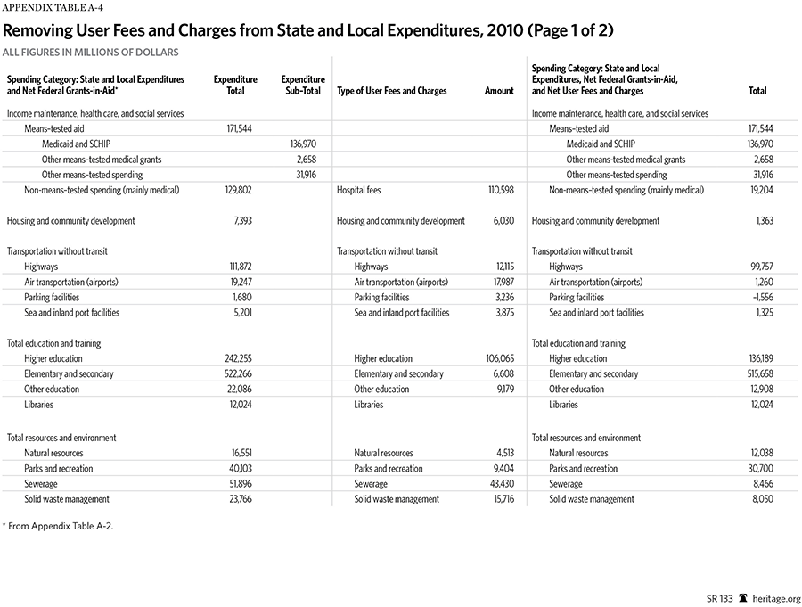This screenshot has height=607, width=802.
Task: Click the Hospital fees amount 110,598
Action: [x=496, y=190]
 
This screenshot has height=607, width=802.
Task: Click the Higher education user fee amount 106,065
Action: [x=496, y=359]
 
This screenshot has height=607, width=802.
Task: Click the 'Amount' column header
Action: [x=499, y=91]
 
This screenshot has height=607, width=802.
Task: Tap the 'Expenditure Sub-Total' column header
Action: [x=302, y=86]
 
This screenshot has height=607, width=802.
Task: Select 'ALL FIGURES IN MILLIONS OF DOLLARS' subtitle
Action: [x=91, y=53]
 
